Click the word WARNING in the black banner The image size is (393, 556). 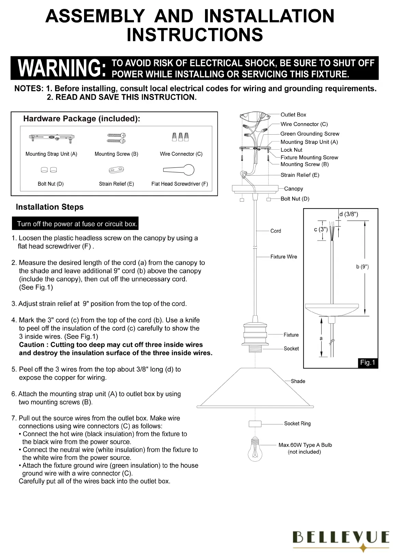tap(62, 68)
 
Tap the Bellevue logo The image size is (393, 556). tap(341, 538)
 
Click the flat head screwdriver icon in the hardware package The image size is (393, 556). tap(179, 170)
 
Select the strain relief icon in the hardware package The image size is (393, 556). tap(116, 170)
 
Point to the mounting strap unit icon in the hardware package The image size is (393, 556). tap(52, 138)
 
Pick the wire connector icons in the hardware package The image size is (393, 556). tap(180, 137)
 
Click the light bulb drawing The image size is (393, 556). tap(255, 448)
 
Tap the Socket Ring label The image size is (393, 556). tap(297, 423)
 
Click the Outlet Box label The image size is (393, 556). tap(293, 115)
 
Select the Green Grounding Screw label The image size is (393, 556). tap(310, 134)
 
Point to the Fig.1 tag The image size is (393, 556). tap(368, 363)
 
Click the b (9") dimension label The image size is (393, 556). tap(362, 267)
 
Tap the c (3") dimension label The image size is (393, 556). tap(321, 229)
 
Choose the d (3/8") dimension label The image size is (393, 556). tap(349, 214)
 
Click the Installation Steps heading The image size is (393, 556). tap(50, 207)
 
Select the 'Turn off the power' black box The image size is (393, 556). tap(75, 224)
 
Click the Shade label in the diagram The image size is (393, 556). tap(298, 381)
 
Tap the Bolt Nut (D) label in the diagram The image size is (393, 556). tap(295, 199)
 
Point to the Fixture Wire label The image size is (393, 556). tap(284, 257)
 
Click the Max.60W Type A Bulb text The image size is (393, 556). tap(305, 445)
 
